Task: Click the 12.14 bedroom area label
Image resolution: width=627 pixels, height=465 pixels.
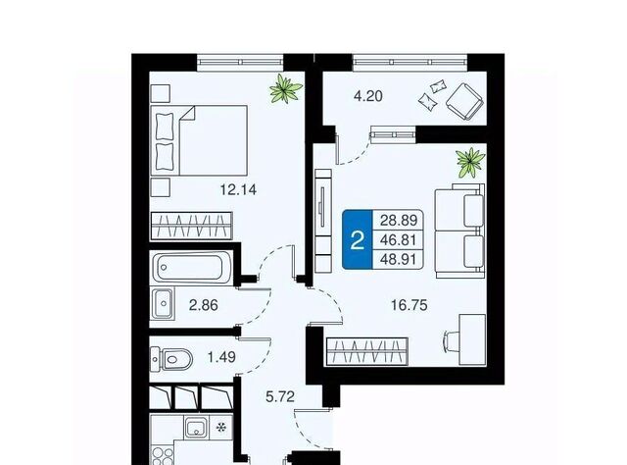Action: tap(238, 189)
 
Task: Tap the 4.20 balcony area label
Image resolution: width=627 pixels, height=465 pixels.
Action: tap(368, 96)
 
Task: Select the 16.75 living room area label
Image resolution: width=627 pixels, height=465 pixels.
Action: tap(410, 305)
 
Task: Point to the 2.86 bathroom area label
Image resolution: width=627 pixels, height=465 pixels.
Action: tap(204, 305)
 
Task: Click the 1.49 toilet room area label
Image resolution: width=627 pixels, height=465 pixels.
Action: tap(221, 356)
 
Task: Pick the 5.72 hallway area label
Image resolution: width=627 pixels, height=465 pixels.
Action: tap(280, 396)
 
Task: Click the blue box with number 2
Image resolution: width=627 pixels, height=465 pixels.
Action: tap(357, 239)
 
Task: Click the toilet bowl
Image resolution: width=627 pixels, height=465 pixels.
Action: tap(171, 358)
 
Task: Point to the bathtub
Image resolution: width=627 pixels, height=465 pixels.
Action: tap(189, 266)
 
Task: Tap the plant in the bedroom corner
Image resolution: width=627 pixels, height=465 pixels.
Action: tap(285, 89)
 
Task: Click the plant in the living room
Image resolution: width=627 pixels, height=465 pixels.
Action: tap(470, 162)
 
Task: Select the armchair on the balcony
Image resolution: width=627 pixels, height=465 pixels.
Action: tap(465, 101)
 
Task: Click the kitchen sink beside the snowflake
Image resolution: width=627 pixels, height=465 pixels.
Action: tap(196, 427)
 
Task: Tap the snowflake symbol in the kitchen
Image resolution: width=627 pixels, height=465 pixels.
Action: tap(220, 428)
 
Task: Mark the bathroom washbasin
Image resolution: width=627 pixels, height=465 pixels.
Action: tap(163, 303)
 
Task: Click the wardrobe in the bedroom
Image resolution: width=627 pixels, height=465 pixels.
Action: tap(191, 226)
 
